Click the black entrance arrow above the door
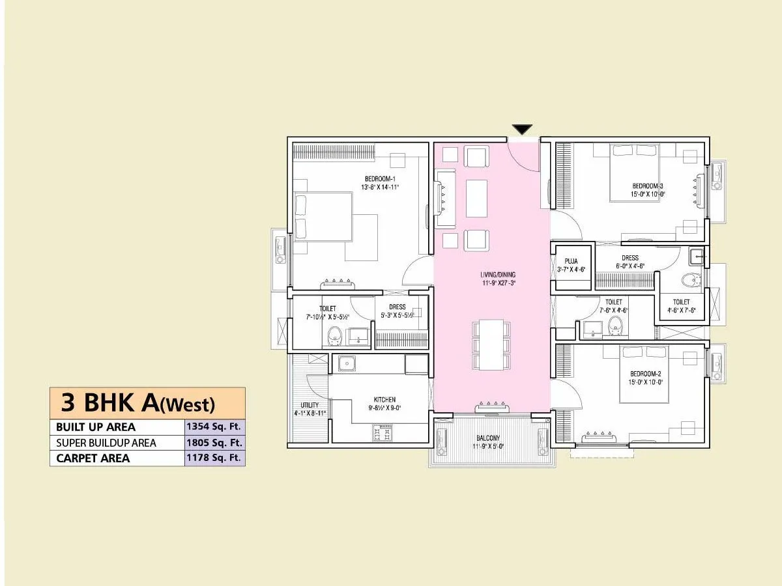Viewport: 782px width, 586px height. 522,130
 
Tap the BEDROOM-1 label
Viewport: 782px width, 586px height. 380,179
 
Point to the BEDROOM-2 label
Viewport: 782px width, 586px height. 645,373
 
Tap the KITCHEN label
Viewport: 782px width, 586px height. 384,400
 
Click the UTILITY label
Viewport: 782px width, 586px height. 310,405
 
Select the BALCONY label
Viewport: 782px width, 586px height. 487,438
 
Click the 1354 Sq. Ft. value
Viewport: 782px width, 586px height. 214,427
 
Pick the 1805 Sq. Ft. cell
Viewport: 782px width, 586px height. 214,443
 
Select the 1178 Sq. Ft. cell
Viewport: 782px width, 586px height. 214,458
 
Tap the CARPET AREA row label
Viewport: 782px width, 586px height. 93,458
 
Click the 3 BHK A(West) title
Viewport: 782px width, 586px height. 138,403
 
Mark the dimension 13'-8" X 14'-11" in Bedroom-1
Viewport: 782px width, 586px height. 380,187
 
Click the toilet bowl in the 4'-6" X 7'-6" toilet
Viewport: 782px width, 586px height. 689,281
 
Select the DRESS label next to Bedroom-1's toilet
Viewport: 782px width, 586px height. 397,307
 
